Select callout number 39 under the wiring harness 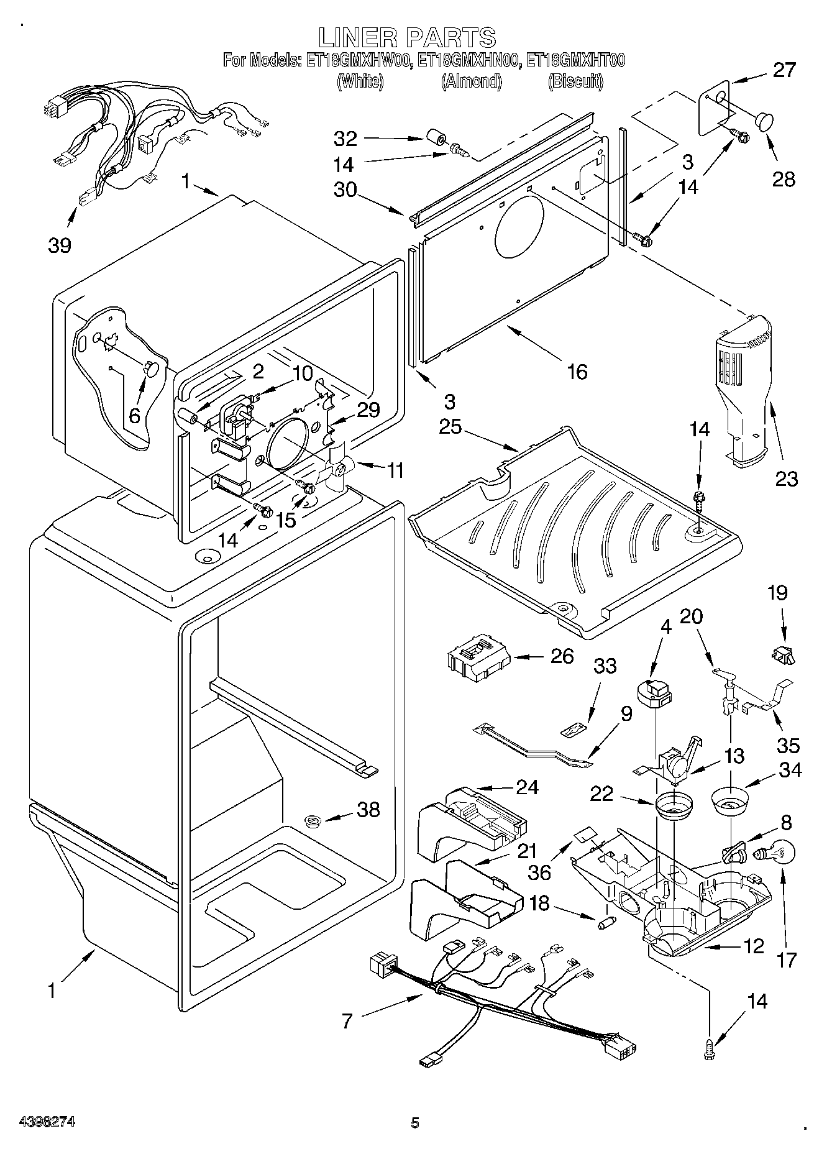60,245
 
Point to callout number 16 577,372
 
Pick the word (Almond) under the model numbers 471,81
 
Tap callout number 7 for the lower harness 347,1020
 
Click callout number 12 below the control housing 753,946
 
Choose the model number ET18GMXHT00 575,60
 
